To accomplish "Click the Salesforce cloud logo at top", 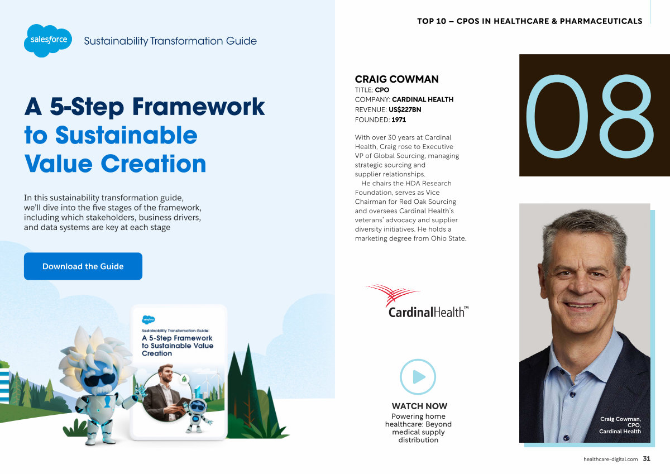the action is pos(48,40).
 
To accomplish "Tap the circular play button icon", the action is pos(418,377).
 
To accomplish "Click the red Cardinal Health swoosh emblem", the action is pos(393,294).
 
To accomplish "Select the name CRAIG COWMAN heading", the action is pos(396,79).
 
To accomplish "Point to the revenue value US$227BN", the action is pos(405,109).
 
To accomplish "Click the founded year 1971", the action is pos(399,119).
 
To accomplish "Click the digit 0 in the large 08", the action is pos(557,116).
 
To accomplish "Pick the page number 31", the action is pos(647,459).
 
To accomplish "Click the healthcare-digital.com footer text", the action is pos(610,459).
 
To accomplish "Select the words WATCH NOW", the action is pos(419,406).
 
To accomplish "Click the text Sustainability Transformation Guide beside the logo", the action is pos(170,41).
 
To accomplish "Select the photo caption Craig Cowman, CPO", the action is pos(620,422).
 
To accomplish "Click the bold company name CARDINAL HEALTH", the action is pos(423,99).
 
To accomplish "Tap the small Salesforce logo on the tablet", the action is pos(149,319).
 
